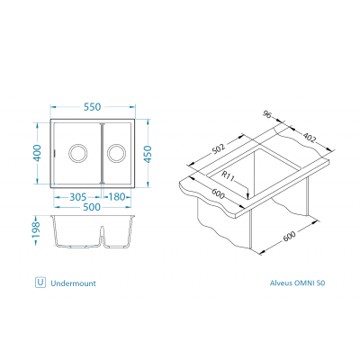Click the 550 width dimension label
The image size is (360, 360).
pyautogui.click(x=93, y=107)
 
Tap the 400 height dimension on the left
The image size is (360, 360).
pyautogui.click(x=37, y=153)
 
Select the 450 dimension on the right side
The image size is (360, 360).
pyautogui.click(x=148, y=154)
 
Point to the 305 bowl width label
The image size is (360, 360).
pyautogui.click(x=78, y=197)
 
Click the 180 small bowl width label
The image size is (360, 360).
pyautogui.click(x=116, y=197)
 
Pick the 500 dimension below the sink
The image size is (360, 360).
pyautogui.click(x=92, y=207)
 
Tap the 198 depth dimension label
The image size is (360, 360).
pyautogui.click(x=36, y=230)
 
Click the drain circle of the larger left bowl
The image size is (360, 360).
pyautogui.click(x=78, y=153)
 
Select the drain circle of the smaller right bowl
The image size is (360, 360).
pyautogui.click(x=116, y=153)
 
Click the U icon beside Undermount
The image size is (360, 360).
pyautogui.click(x=40, y=283)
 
